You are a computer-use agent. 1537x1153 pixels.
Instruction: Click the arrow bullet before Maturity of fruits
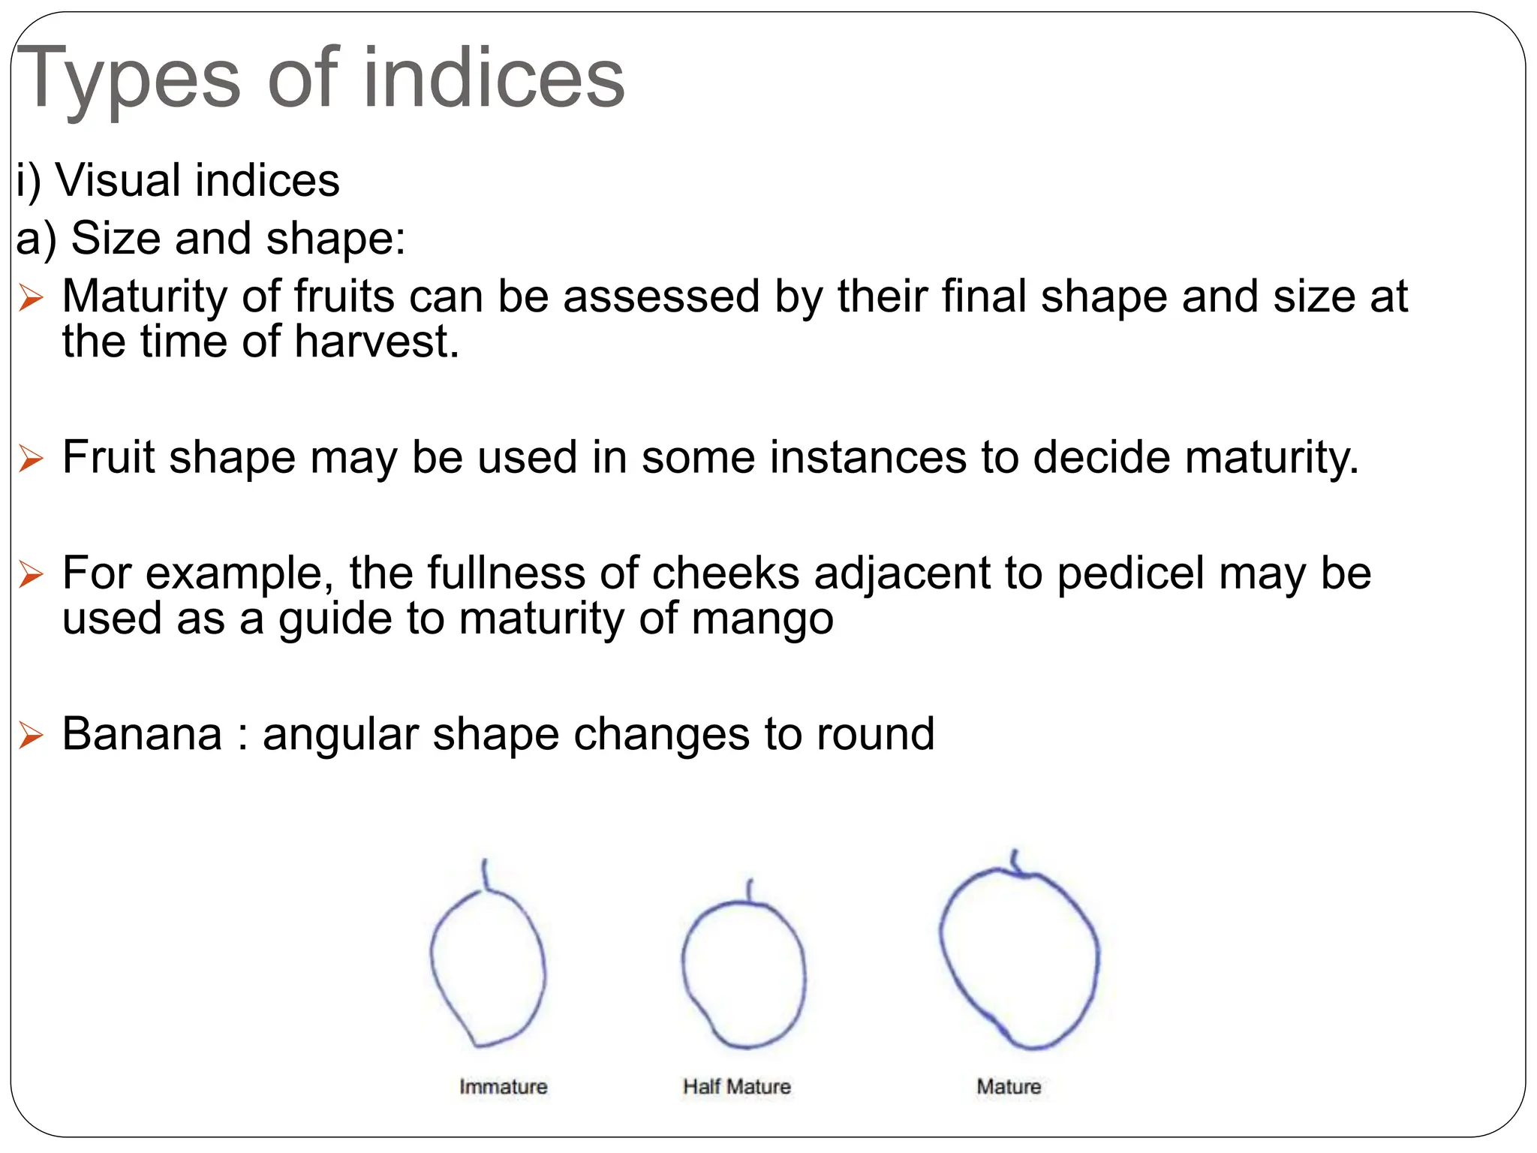tap(31, 298)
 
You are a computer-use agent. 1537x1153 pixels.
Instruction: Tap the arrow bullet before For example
tap(31, 574)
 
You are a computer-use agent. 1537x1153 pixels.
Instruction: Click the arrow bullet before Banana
tap(31, 735)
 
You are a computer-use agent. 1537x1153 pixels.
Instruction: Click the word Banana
tap(142, 733)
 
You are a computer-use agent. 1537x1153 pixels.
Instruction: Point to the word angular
tap(340, 735)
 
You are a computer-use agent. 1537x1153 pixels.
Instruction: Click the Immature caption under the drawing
tap(503, 1086)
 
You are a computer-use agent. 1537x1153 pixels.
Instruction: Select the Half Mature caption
tap(736, 1086)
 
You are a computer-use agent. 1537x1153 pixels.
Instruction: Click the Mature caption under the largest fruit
tap(1009, 1086)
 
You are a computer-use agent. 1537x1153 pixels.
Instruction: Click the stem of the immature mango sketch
tap(486, 875)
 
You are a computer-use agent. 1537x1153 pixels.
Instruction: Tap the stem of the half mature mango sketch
tap(749, 890)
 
